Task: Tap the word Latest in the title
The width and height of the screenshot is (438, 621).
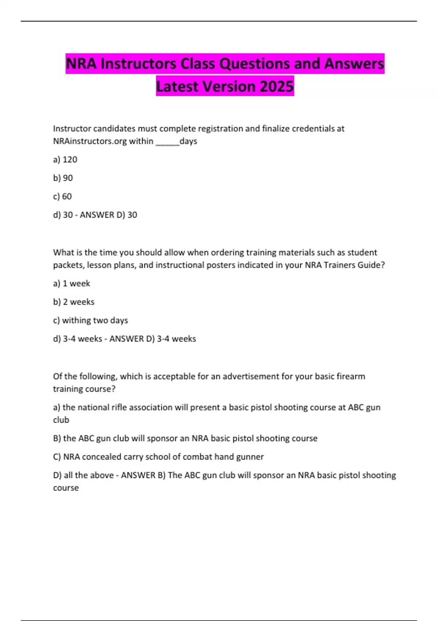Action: pyautogui.click(x=177, y=87)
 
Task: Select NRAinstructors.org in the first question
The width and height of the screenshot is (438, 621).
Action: pyautogui.click(x=90, y=141)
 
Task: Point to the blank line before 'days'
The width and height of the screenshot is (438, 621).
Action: pyautogui.click(x=167, y=142)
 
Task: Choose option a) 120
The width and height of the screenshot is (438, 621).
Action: pyautogui.click(x=65, y=160)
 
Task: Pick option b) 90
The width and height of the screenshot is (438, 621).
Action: pyautogui.click(x=63, y=178)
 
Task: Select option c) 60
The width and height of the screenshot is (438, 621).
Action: pyautogui.click(x=62, y=197)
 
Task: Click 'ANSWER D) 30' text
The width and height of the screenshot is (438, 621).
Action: pyautogui.click(x=108, y=215)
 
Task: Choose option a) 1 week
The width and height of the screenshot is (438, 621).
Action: pyautogui.click(x=72, y=283)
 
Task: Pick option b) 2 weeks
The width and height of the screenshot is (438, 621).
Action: pyautogui.click(x=74, y=302)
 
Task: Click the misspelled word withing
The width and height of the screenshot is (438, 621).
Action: pyautogui.click(x=76, y=320)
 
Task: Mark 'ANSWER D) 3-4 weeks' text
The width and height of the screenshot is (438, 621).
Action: pyautogui.click(x=153, y=339)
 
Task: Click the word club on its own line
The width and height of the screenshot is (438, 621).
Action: pyautogui.click(x=61, y=420)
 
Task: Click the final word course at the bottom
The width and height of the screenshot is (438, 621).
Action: pyautogui.click(x=66, y=488)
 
